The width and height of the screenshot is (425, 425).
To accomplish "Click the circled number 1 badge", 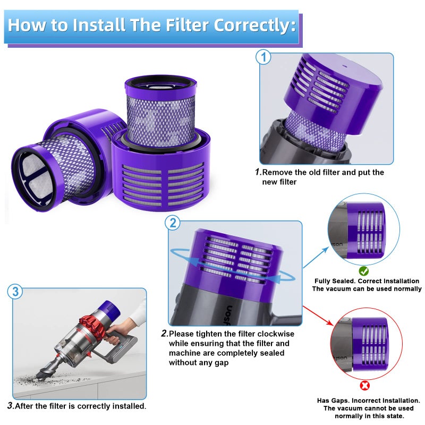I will (x=264, y=57).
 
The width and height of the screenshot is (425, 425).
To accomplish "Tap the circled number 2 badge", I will (x=173, y=224).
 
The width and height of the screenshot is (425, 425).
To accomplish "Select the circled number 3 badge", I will (x=15, y=292).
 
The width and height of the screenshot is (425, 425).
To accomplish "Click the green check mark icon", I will (x=364, y=271).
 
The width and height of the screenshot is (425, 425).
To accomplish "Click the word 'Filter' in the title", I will (x=180, y=25).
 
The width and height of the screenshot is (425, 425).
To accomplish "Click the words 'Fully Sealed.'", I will (x=334, y=281).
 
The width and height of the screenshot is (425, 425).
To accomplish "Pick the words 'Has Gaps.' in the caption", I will (x=334, y=401).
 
